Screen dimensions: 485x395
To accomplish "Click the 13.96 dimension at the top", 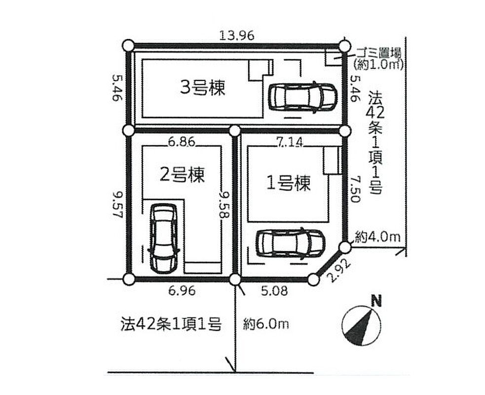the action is click(x=237, y=36).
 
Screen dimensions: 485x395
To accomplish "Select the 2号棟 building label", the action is click(x=182, y=175).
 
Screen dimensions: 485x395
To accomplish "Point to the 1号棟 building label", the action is click(x=288, y=183).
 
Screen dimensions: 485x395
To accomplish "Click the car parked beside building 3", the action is click(x=302, y=97).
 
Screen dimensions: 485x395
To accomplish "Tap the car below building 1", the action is click(x=291, y=243).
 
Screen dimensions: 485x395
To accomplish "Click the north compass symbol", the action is click(x=361, y=325).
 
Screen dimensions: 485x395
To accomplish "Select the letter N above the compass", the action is click(x=376, y=301).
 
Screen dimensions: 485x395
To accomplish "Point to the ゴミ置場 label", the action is click(x=378, y=53).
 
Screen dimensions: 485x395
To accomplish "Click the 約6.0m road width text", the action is click(x=266, y=324).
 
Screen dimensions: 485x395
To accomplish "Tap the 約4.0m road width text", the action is click(x=377, y=237).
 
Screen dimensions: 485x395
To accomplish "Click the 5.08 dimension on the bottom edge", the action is click(x=275, y=291).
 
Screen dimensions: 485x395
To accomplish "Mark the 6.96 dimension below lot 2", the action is click(x=182, y=291).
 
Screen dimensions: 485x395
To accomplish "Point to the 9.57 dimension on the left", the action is click(x=118, y=204).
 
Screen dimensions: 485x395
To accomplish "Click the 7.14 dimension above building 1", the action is click(x=290, y=142).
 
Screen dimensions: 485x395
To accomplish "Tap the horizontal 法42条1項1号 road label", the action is click(x=171, y=324).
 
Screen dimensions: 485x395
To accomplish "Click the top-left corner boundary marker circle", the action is click(x=128, y=46).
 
